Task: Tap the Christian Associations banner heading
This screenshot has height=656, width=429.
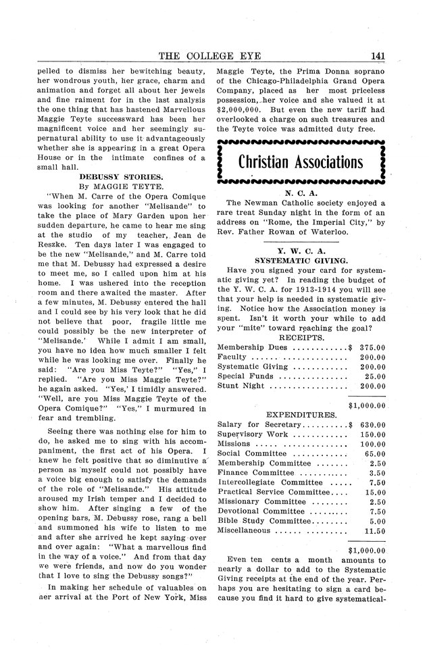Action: tap(301, 163)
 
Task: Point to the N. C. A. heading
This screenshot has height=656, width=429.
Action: tap(300, 193)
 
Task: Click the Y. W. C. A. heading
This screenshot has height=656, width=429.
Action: tap(301, 249)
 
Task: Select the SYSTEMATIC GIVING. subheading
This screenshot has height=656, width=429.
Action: tap(301, 259)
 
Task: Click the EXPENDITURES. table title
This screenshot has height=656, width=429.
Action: tap(301, 414)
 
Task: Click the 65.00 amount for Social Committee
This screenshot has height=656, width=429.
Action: tap(375, 453)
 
